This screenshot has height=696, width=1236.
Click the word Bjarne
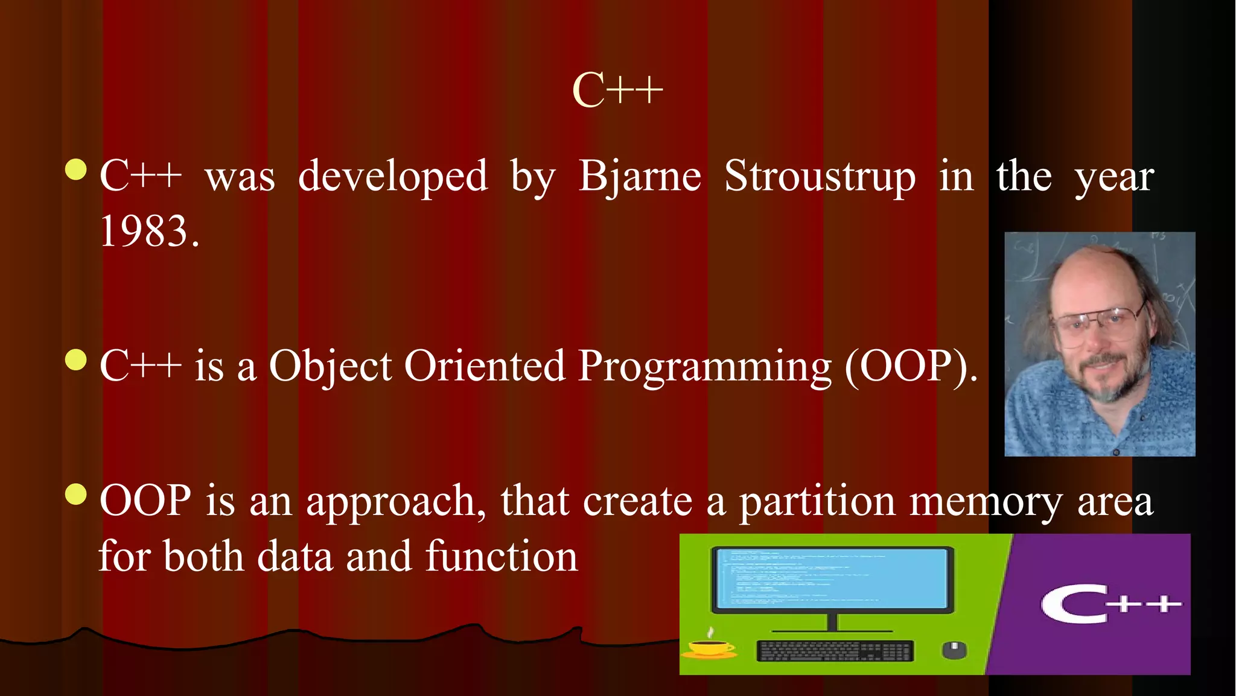(640, 177)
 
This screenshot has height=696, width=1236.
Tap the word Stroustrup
(820, 177)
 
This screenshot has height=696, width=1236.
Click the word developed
(393, 177)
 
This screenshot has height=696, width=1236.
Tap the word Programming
(704, 367)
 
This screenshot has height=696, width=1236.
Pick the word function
(502, 556)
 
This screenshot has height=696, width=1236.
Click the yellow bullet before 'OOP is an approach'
(75, 495)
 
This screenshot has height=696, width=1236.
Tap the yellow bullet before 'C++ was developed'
(75, 170)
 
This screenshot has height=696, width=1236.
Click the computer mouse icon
(954, 650)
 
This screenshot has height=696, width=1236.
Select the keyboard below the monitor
(835, 651)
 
